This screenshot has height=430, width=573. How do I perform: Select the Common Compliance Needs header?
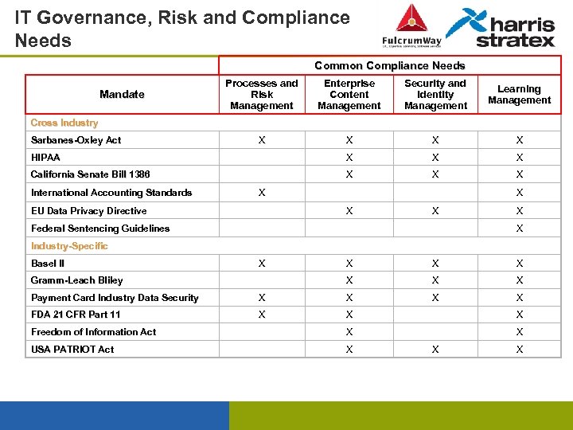389,65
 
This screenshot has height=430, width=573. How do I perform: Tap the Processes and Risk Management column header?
261,95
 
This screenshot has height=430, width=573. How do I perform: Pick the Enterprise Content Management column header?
349,95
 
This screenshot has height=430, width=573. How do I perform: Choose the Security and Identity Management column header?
435,95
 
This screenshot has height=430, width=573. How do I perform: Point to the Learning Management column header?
519,95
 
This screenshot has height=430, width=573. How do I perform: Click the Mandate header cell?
122,94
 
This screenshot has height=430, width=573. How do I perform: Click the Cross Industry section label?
64,123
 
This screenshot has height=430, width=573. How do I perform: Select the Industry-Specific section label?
69,246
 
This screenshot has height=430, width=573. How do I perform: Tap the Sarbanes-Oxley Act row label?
76,140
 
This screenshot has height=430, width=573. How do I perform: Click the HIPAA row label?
45,158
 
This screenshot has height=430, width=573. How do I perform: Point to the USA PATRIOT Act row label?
72,350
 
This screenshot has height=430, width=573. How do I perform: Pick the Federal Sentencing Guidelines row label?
100,229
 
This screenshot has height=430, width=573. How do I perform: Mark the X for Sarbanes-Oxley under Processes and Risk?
261,140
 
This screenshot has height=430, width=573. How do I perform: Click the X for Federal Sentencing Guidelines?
519,229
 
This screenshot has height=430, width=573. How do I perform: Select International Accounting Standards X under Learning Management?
519,193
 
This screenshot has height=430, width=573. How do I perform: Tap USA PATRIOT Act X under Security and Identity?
435,350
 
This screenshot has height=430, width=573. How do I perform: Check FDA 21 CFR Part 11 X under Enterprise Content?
349,315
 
